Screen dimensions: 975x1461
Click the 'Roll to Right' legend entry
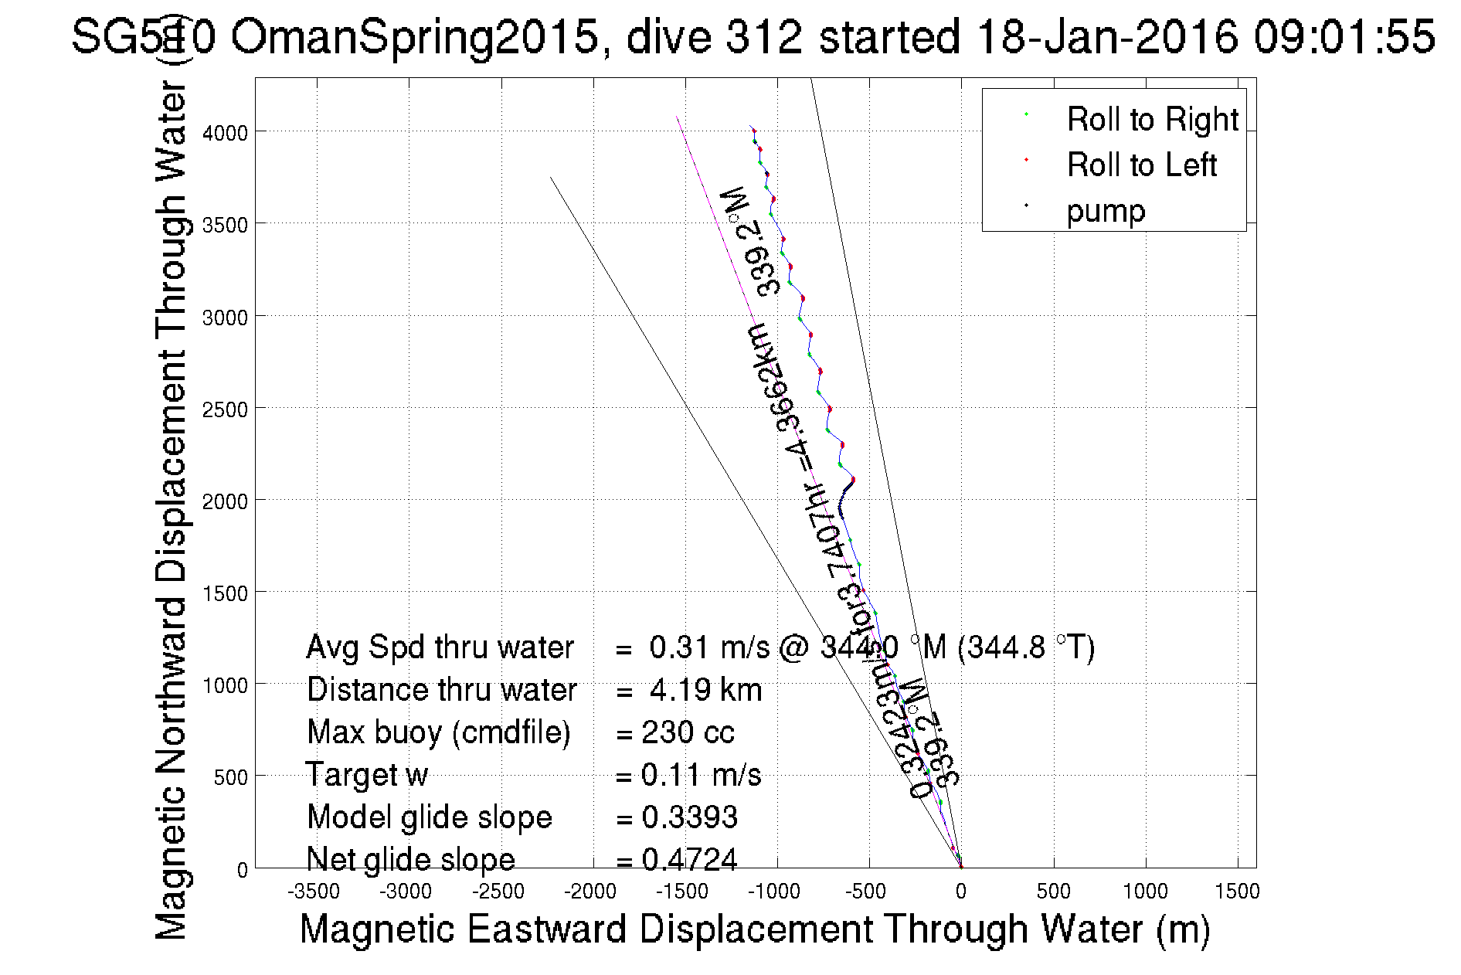tap(1152, 120)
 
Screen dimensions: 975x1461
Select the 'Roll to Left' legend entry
tap(1141, 165)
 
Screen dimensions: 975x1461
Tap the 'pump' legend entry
tap(1106, 211)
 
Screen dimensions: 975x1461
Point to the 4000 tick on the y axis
tap(225, 133)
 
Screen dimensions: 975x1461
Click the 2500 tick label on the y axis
tap(225, 409)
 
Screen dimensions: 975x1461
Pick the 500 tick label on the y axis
tap(230, 777)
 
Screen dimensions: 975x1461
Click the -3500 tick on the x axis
tap(314, 892)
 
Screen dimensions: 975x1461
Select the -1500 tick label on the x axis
tap(682, 892)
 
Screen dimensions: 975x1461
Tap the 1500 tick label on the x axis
tap(1237, 892)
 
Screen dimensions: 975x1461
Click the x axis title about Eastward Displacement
tap(754, 929)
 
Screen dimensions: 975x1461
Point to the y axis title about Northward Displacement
tap(171, 510)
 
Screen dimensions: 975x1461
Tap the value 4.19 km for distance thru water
tap(705, 690)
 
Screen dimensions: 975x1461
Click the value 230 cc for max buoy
tap(688, 732)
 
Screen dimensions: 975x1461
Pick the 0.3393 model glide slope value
tap(689, 817)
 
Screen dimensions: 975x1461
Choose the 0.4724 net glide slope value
tap(689, 859)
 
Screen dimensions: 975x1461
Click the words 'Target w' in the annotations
tap(367, 775)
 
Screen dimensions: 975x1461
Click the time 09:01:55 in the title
tap(1344, 36)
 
